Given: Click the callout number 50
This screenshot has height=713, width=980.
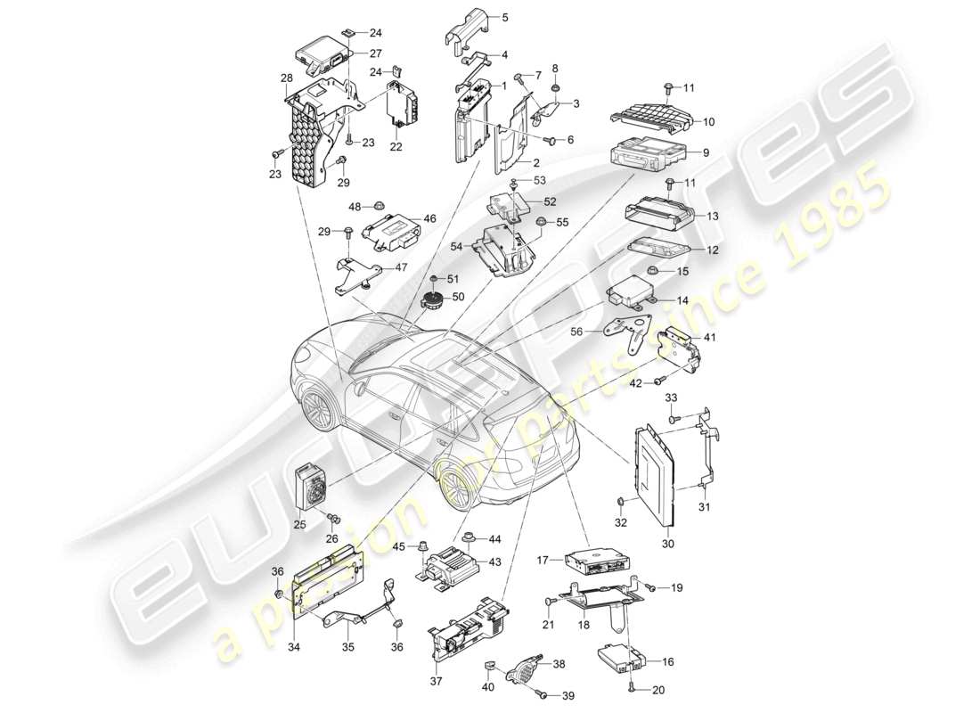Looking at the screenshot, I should pos(459,296).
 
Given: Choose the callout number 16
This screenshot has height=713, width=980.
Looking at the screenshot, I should pos(669,662).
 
